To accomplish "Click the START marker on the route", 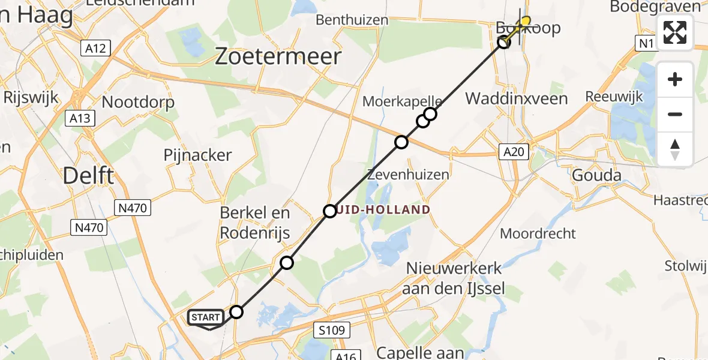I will click(207, 317).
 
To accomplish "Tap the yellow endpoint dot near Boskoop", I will click(526, 22).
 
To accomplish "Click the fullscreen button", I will click(675, 33).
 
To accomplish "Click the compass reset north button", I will click(675, 149).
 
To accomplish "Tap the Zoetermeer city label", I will click(278, 57).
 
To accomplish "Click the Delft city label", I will click(89, 176).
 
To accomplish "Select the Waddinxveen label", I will click(517, 98).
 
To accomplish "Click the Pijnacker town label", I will click(197, 155).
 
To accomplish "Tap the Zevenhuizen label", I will click(408, 175).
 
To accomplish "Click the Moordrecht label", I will click(538, 233).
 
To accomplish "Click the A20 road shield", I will click(514, 152).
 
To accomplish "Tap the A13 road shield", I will click(80, 118).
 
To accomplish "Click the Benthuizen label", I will click(352, 20).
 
